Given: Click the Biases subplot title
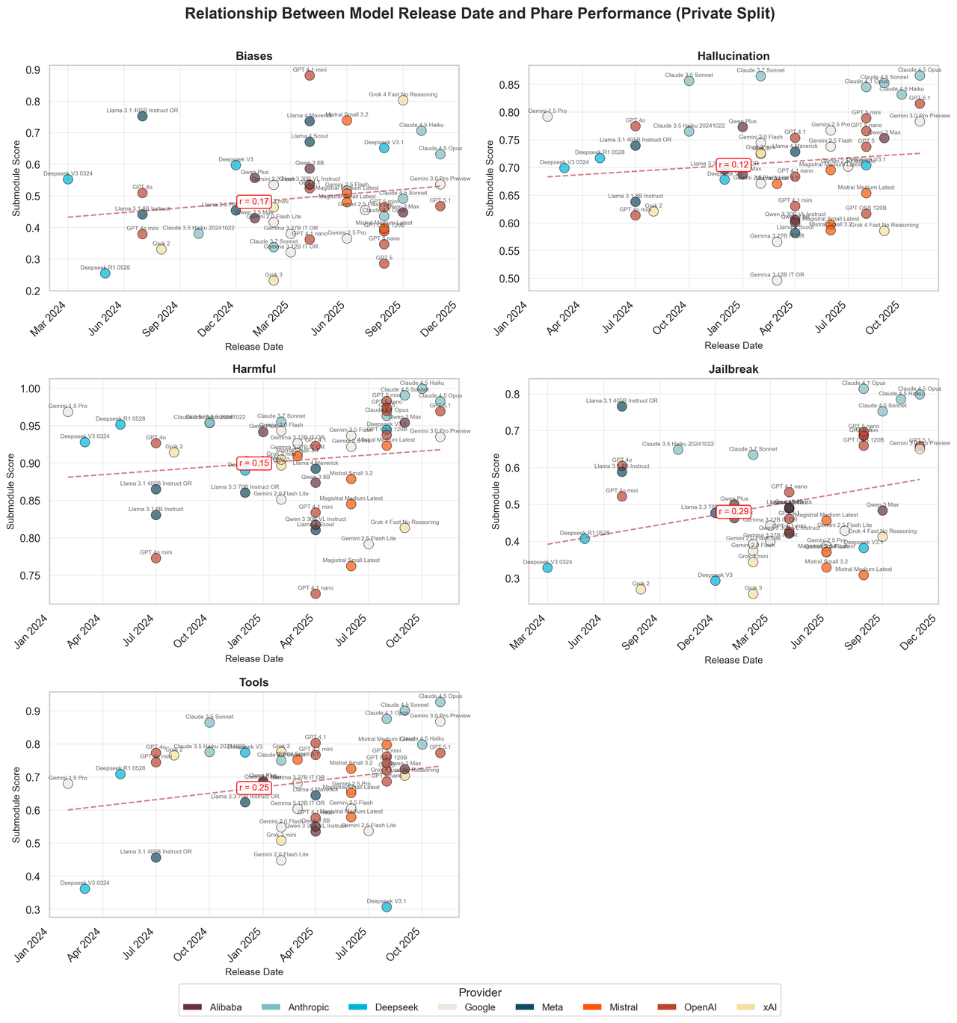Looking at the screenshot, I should (x=254, y=56).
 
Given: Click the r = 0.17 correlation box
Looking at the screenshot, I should (x=254, y=201).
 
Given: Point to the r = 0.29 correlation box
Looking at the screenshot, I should (x=733, y=511).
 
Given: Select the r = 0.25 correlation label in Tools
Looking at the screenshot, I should (x=254, y=788).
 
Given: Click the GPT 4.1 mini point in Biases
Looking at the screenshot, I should (x=310, y=75).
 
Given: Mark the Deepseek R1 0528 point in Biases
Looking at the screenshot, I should (x=105, y=273).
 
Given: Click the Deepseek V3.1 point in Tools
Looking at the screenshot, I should (x=387, y=906).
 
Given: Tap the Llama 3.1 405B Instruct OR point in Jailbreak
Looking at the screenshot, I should (x=621, y=406).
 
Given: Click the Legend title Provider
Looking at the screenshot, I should (x=478, y=992).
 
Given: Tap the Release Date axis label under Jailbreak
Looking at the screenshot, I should (x=733, y=659).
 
